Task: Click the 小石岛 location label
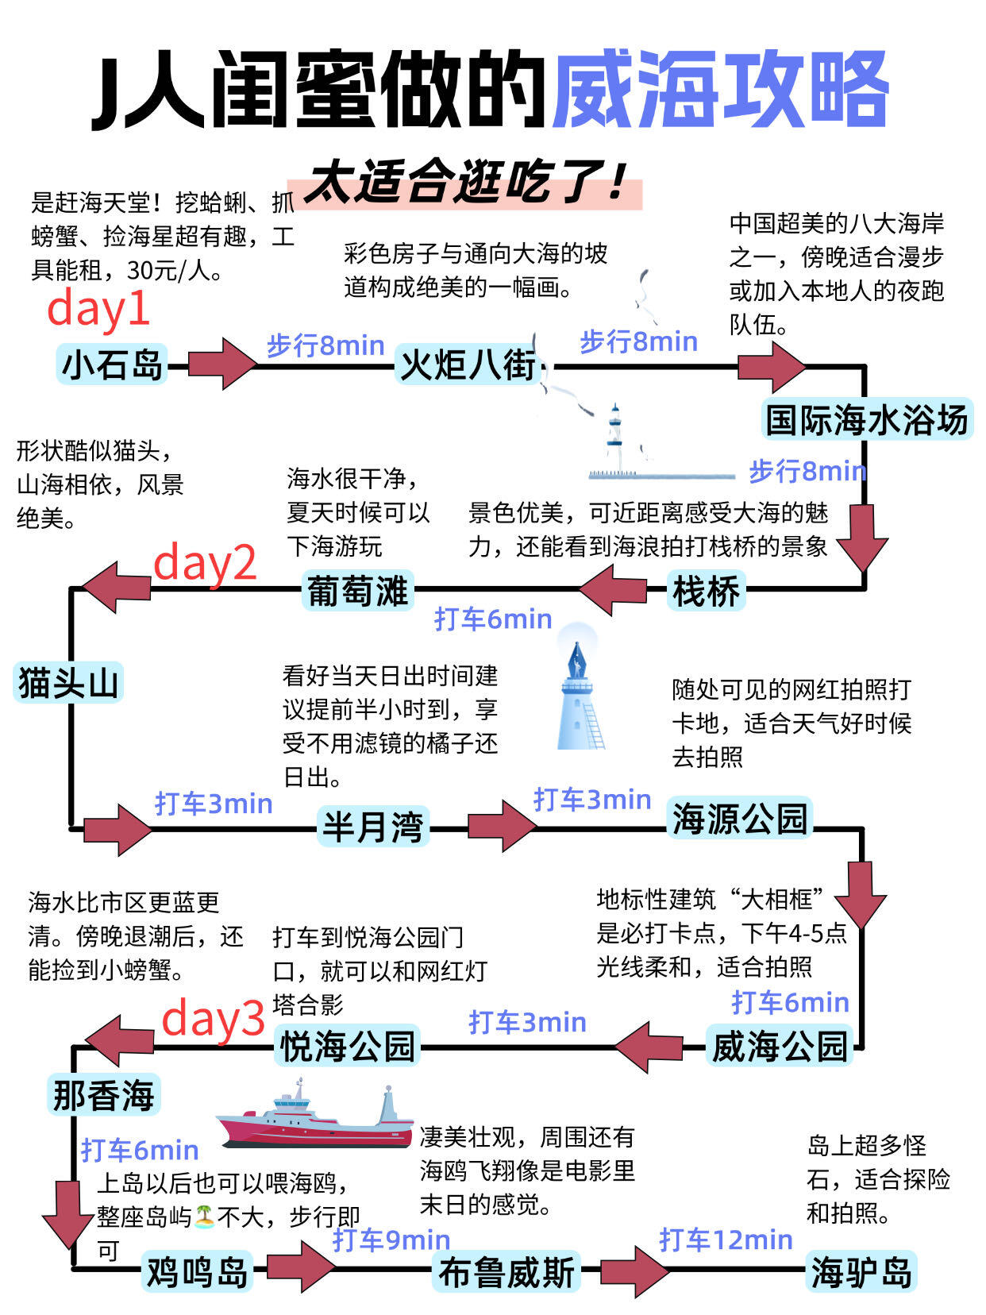(x=112, y=364)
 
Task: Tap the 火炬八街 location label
(x=468, y=365)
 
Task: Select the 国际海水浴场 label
(x=867, y=419)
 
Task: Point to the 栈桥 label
(x=706, y=592)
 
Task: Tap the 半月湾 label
(x=372, y=827)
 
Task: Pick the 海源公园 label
(x=740, y=819)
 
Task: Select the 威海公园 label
(x=779, y=1046)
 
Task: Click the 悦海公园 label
(x=348, y=1046)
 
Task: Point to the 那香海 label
(x=103, y=1096)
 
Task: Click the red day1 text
(x=98, y=308)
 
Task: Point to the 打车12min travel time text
(x=726, y=1239)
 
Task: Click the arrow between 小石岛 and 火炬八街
(x=223, y=364)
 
